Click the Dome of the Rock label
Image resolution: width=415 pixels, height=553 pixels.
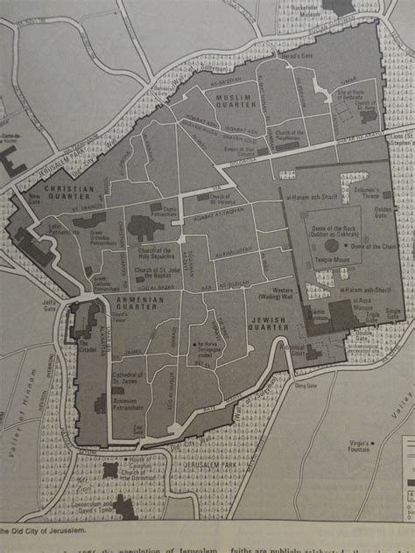coord(337,229)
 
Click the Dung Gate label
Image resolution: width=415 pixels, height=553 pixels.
coord(306,383)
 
